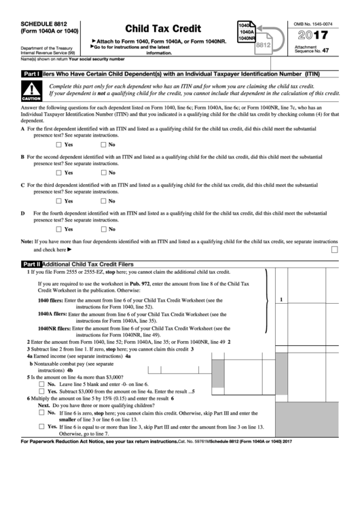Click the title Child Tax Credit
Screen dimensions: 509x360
(162, 29)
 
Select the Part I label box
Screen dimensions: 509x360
(32, 74)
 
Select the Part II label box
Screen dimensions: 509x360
(32, 264)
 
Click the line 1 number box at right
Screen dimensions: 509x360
(281, 299)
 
